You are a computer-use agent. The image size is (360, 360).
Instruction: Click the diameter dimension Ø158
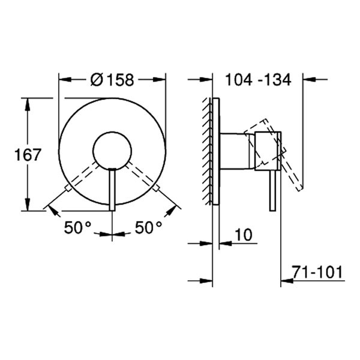(x=112, y=79)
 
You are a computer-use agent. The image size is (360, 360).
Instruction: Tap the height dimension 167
(x=28, y=155)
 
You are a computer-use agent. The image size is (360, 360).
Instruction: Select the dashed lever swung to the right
(x=142, y=178)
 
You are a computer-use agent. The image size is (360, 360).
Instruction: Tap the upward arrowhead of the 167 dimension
(x=27, y=102)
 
